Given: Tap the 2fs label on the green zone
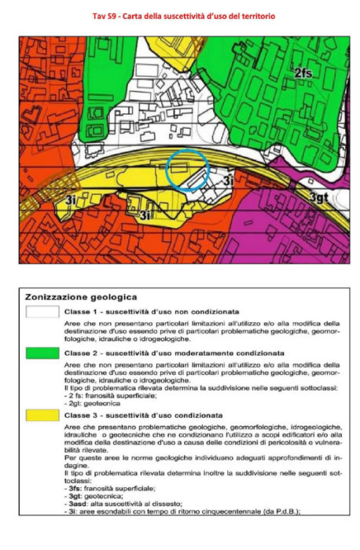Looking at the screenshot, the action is pyautogui.click(x=304, y=73).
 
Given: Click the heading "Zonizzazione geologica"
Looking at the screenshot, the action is pyautogui.click(x=81, y=297).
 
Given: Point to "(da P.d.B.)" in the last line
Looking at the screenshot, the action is pyautogui.click(x=277, y=512).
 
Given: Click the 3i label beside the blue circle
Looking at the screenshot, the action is pyautogui.click(x=227, y=181).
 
